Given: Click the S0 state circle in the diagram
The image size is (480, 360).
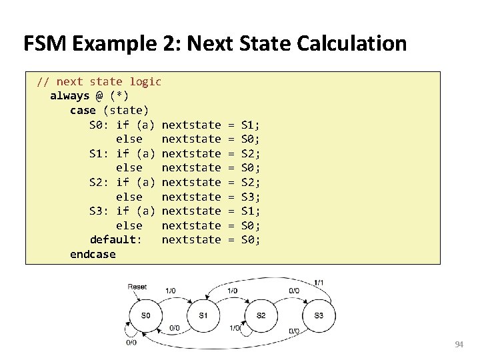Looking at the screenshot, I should coord(145,315).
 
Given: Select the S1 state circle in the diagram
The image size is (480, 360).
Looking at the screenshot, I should coord(203,315).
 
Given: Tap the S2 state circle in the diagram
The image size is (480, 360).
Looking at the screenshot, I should coord(261,315).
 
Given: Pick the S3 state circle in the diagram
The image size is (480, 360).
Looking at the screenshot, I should coord(319,315).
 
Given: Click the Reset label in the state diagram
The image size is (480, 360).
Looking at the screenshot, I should coord(137,286).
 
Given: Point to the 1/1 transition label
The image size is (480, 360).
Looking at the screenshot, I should coord(319,283).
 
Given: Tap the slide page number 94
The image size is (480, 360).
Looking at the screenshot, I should coord(459,345).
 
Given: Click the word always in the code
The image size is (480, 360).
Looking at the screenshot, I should coord(69,96).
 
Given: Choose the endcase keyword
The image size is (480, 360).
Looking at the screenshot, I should coord(93,255).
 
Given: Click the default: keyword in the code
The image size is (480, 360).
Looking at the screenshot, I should coord(115,240).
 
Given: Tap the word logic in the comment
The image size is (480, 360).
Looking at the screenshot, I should coord(145,81).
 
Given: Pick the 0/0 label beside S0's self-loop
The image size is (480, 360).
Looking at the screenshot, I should coord(131,342).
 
